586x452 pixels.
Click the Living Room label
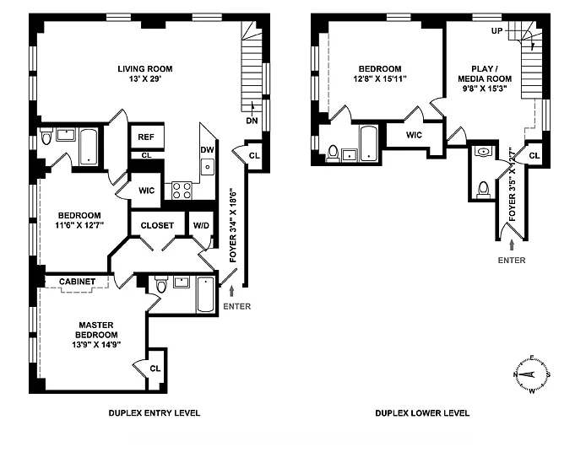(145, 69)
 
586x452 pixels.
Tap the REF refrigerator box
(147, 137)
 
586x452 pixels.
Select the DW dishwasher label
(207, 149)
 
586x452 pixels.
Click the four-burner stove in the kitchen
(182, 190)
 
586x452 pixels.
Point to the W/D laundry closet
(201, 225)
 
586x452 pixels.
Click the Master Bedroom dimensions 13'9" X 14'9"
(96, 345)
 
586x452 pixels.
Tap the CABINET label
(77, 282)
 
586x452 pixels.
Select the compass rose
(531, 374)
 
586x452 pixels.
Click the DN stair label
(252, 121)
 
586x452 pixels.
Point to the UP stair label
(496, 31)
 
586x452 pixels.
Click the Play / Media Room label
(485, 74)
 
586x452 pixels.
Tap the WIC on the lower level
(414, 135)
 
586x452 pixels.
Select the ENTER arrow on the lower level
(512, 245)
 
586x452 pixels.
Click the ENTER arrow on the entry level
(231, 291)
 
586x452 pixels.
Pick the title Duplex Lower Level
(422, 413)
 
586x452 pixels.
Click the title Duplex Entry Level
(155, 413)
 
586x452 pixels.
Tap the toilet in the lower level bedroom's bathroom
(333, 153)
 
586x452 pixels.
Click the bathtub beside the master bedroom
(205, 294)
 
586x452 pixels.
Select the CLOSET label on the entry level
(157, 225)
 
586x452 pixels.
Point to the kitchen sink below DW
(207, 167)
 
